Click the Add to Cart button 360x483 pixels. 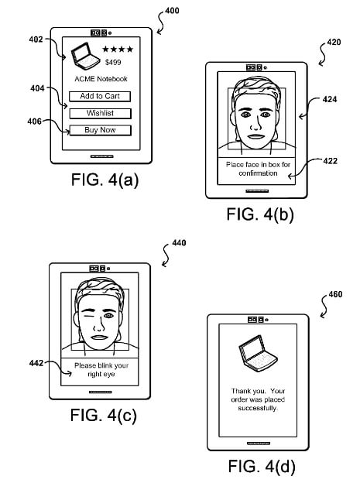point(99,96)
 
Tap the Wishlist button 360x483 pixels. point(99,113)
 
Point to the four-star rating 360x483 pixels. point(118,50)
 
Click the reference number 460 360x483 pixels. point(335,296)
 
